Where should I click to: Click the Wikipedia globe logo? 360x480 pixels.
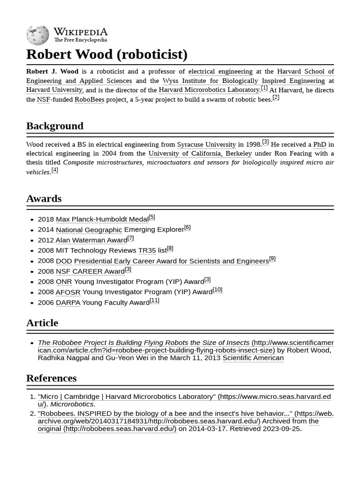(37, 35)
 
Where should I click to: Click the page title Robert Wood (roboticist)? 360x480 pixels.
(107, 54)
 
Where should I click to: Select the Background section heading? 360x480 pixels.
(55, 126)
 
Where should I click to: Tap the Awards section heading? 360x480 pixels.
(44, 198)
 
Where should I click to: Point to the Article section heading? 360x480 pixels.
(42, 322)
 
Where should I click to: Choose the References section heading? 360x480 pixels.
(52, 378)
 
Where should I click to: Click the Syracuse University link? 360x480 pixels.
(206, 144)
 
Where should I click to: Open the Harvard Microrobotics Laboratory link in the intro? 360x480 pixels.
(209, 90)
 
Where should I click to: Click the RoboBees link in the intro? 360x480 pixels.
(89, 99)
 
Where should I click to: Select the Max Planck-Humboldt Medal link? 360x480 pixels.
(102, 219)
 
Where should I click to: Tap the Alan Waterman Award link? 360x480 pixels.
(91, 240)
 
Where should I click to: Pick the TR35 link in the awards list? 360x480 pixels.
(147, 251)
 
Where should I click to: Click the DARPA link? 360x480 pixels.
(68, 303)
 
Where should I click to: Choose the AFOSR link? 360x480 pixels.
(68, 292)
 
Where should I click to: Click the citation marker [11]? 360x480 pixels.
(155, 300)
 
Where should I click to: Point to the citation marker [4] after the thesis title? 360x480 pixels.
(55, 170)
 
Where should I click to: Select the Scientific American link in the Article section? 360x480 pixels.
(253, 358)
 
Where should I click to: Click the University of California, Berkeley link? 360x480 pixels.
(200, 153)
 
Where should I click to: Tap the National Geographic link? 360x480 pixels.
(89, 230)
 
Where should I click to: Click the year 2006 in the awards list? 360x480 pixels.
(46, 303)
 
